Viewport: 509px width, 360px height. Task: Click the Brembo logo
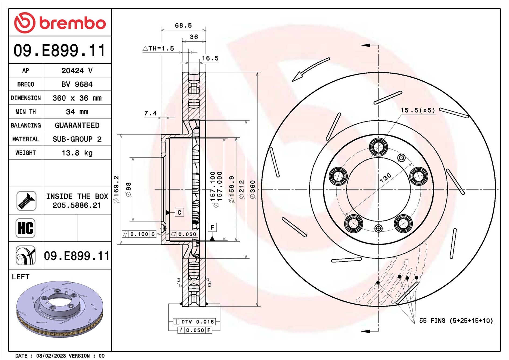click(x=60, y=23)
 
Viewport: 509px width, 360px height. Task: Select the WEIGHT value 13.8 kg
click(x=77, y=153)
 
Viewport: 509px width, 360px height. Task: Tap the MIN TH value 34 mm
click(x=77, y=112)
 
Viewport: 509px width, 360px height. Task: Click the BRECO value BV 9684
click(x=77, y=84)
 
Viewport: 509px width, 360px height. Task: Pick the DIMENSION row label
click(x=26, y=98)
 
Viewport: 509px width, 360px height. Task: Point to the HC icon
click(x=26, y=228)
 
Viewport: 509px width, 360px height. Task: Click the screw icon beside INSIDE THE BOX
click(x=26, y=201)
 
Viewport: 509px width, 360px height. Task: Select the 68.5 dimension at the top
click(x=183, y=26)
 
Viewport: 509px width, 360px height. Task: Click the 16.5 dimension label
click(x=210, y=58)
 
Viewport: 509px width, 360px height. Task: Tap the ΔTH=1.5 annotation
click(x=158, y=49)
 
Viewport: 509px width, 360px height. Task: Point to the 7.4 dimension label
click(x=150, y=113)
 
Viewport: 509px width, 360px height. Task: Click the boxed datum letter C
click(x=179, y=213)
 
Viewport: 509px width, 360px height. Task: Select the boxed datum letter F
click(x=212, y=227)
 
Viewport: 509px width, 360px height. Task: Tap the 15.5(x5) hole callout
click(x=418, y=110)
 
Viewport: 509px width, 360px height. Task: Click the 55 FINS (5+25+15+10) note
click(x=456, y=320)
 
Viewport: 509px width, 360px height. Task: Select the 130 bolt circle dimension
click(x=385, y=178)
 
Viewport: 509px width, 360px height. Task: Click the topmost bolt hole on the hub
click(x=378, y=147)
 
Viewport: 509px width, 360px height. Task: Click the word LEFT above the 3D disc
click(x=21, y=277)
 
